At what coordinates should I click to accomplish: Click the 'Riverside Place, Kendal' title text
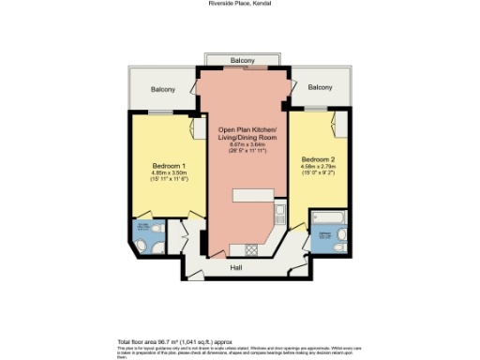(241, 4)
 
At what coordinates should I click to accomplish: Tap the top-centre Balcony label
(243, 60)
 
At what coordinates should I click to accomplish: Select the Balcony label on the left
(162, 89)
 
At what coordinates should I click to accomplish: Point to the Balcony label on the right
(320, 87)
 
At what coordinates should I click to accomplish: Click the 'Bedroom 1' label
(169, 166)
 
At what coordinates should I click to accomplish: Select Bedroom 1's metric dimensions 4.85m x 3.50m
(169, 172)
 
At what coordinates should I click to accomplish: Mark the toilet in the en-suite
(140, 246)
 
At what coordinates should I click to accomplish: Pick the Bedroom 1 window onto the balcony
(162, 113)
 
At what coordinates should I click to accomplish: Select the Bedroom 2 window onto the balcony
(318, 109)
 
